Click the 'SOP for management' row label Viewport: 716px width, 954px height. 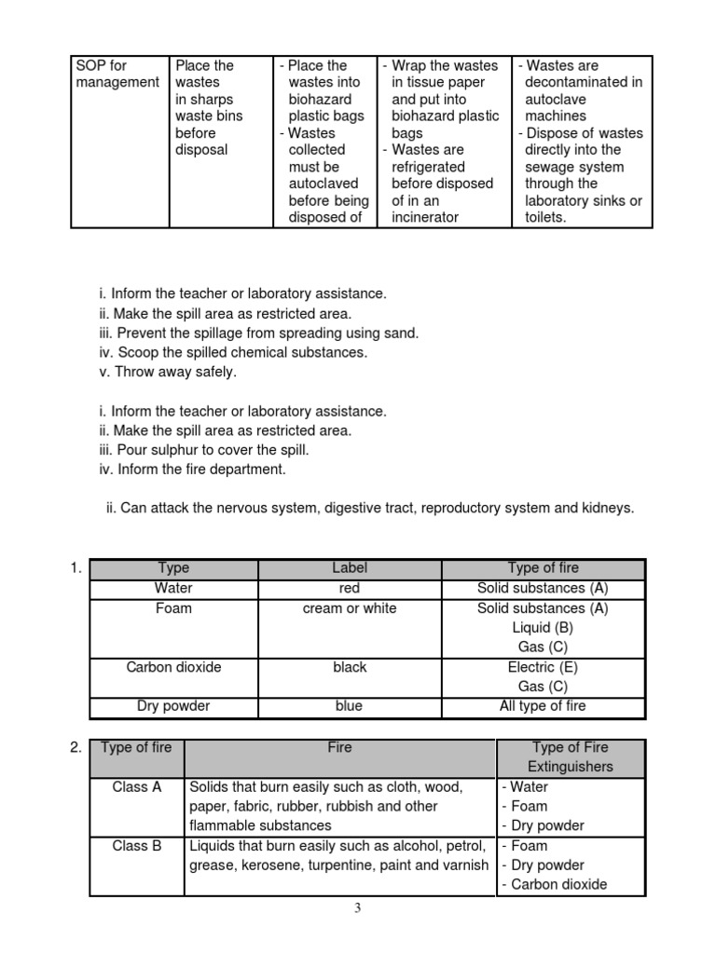117,75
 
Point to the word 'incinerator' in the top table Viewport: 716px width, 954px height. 425,217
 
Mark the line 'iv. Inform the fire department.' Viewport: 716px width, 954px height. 192,470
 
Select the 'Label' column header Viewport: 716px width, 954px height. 350,568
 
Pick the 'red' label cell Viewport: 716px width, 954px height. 350,589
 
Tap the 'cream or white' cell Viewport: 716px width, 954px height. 350,608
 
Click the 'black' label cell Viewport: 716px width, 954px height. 350,667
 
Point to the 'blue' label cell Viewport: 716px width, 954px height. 350,706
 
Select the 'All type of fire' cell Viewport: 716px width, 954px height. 543,706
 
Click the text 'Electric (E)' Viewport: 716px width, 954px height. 543,667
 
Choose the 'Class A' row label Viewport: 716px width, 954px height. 137,787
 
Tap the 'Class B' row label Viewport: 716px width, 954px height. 137,846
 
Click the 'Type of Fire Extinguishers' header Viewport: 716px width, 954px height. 570,756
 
